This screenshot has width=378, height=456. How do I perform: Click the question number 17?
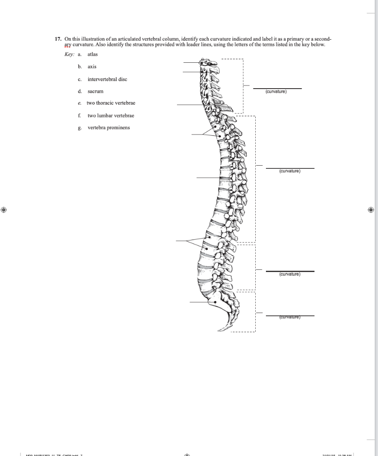58,39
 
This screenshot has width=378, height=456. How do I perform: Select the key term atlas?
92,54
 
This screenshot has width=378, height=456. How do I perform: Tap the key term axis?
92,67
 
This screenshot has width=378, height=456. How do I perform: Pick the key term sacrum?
95,91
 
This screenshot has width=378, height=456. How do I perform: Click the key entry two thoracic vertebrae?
111,103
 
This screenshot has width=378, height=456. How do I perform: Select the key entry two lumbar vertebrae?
111,115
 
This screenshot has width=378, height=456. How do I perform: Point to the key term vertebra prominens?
109,128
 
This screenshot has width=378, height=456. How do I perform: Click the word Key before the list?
69,54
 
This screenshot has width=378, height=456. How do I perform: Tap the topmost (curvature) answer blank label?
276,92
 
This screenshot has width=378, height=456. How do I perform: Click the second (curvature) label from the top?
290,171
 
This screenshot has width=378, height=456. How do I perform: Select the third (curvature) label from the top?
290,274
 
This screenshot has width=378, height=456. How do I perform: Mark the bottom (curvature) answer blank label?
290,318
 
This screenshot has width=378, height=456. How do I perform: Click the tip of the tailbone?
220,330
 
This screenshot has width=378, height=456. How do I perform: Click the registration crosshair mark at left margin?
4,209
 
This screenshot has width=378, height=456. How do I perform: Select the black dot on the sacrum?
215,301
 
